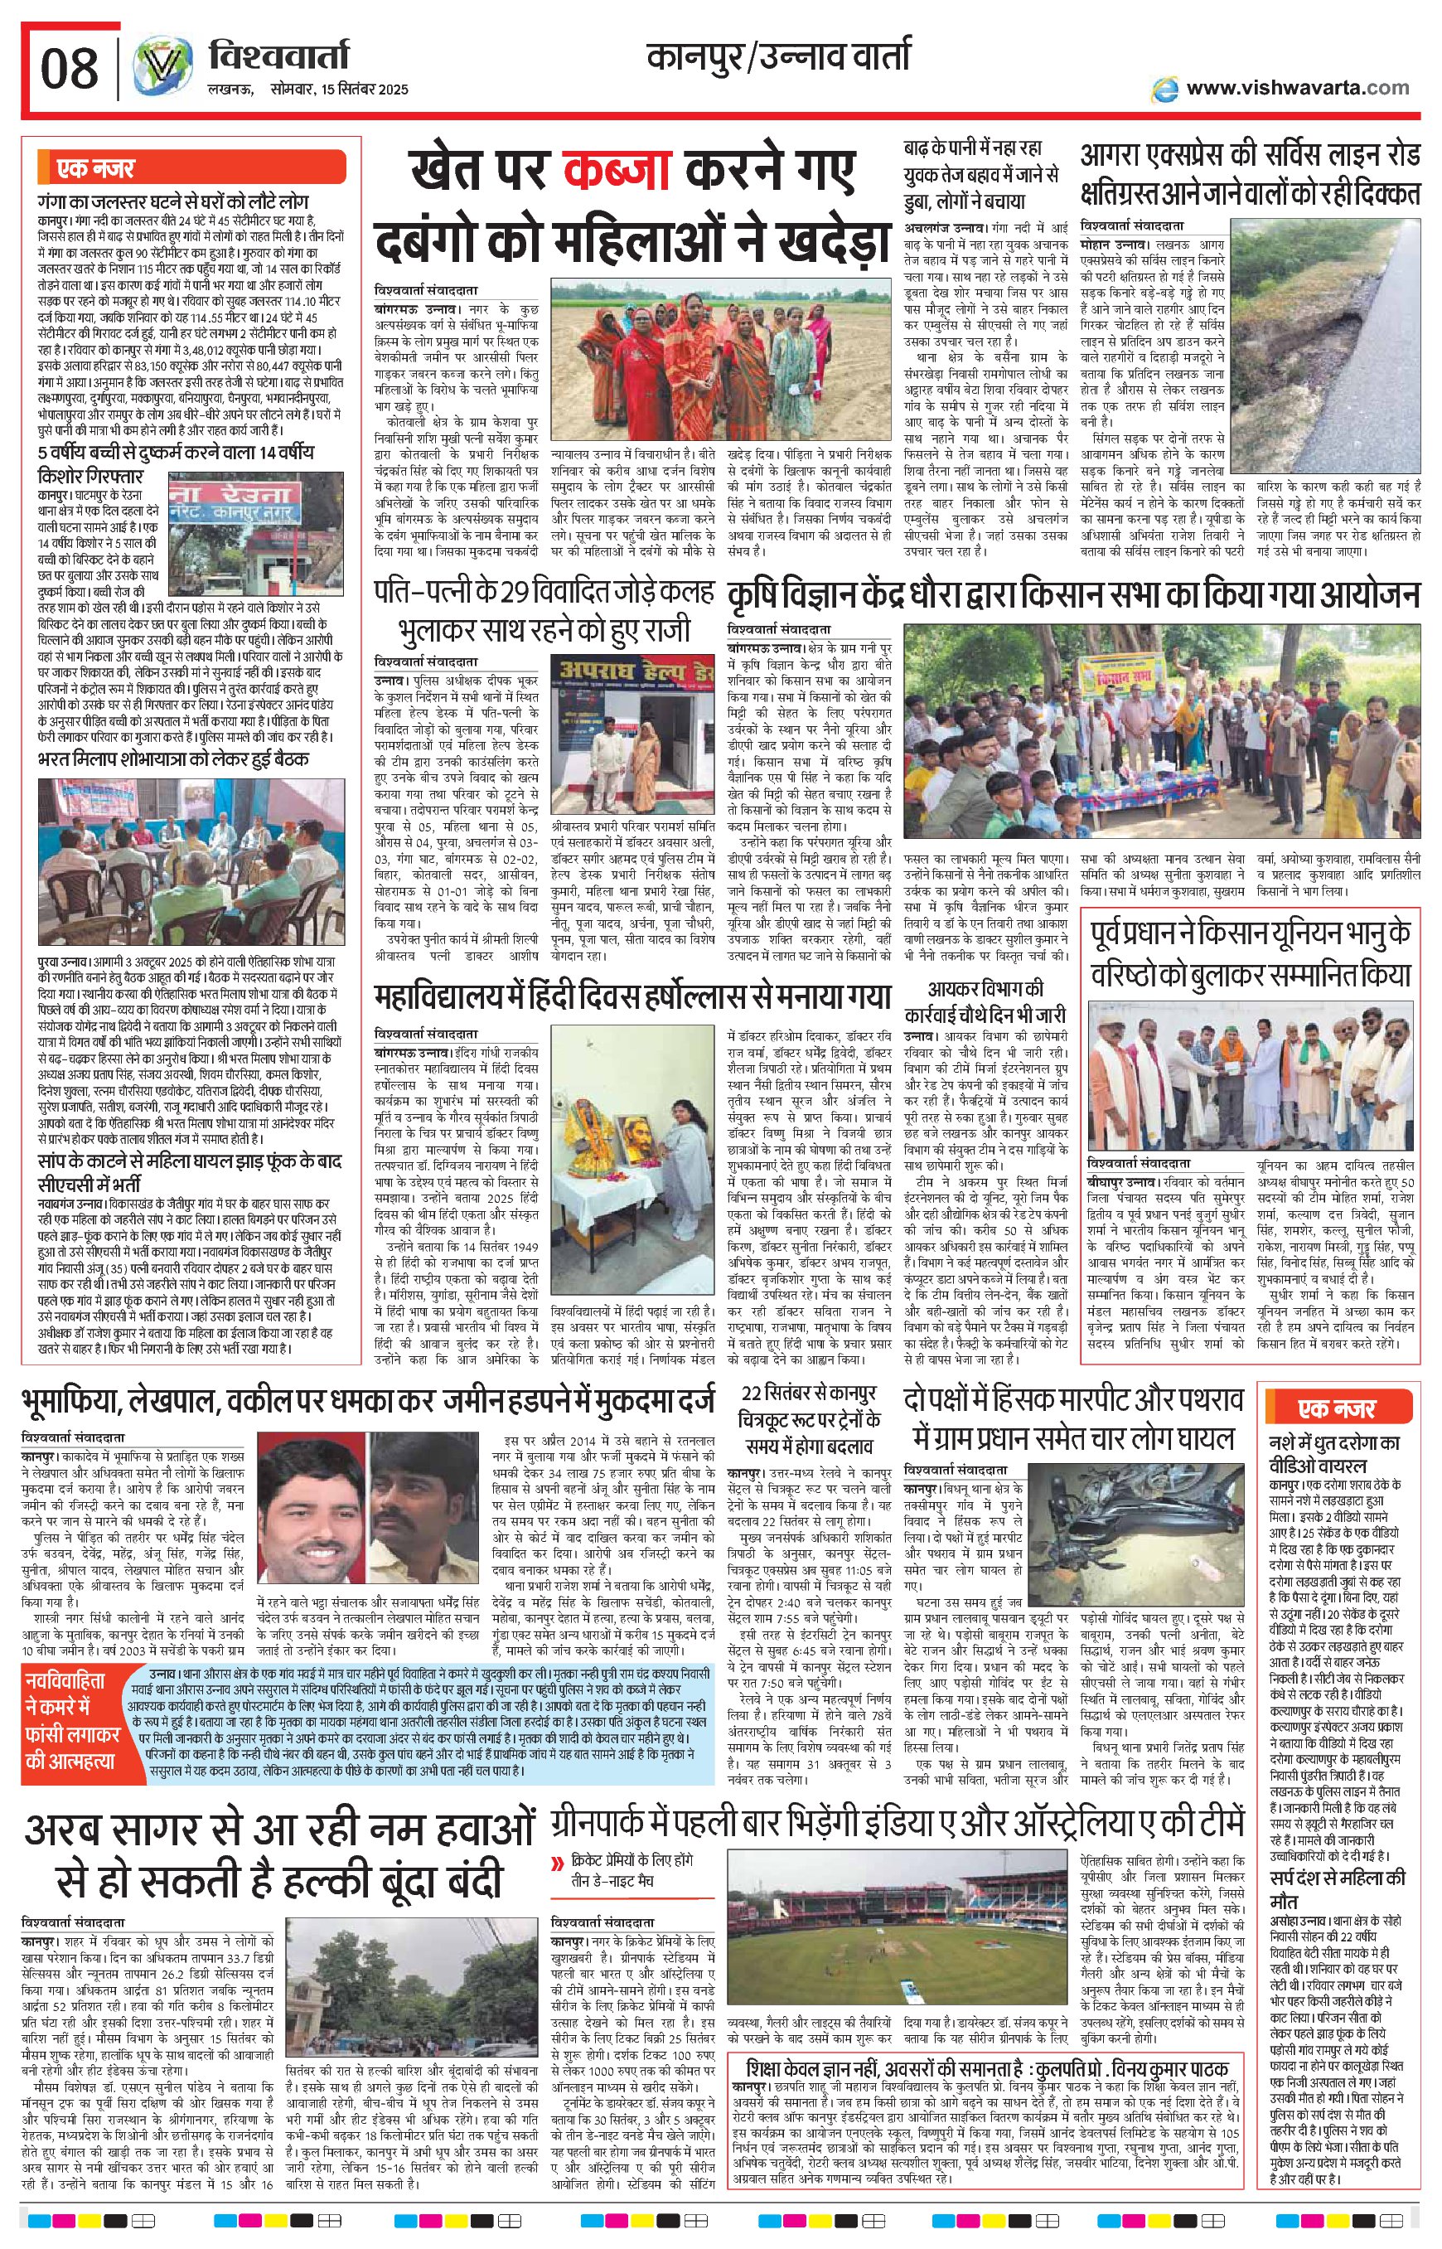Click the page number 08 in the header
pyautogui.click(x=70, y=67)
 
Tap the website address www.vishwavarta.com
pyautogui.click(x=1296, y=88)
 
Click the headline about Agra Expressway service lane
pyautogui.click(x=1249, y=174)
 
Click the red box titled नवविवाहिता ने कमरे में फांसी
pyautogui.click(x=80, y=1718)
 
